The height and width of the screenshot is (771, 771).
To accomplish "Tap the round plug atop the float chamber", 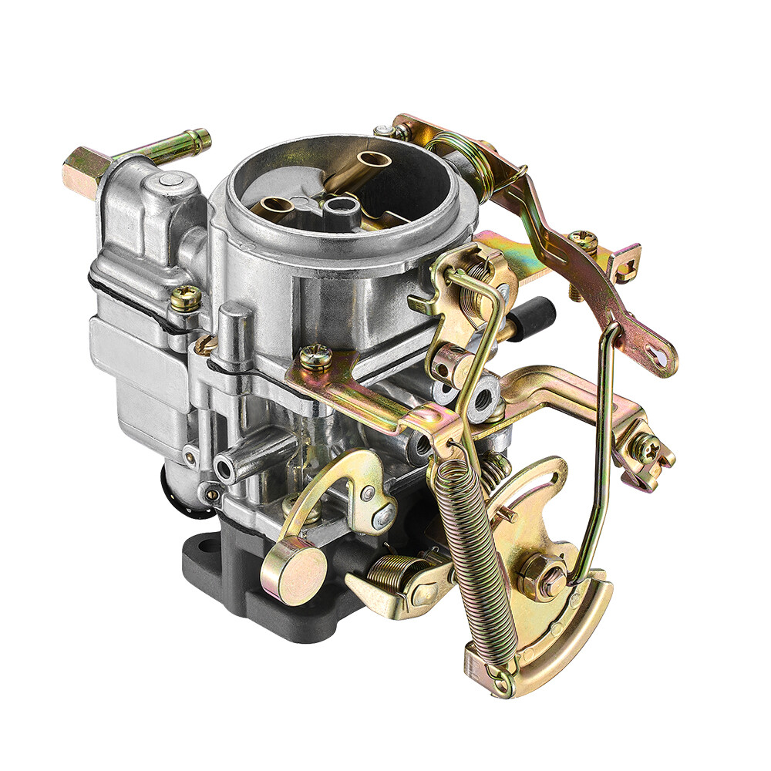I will tap(171, 181).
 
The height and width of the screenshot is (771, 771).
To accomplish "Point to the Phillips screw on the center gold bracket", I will tap(315, 356).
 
